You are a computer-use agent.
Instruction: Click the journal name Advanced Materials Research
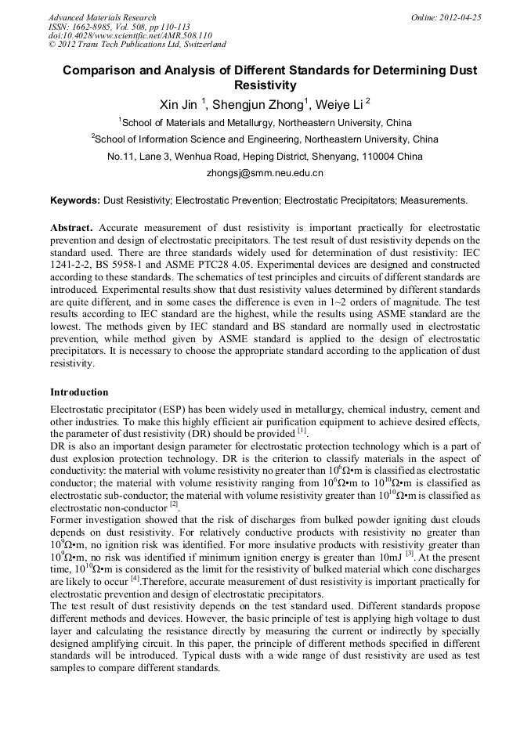pyautogui.click(x=102, y=17)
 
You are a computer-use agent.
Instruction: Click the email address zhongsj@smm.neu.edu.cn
pyautogui.click(x=265, y=173)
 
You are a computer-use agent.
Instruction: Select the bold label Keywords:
pyautogui.click(x=75, y=200)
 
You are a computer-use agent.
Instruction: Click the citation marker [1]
pyautogui.click(x=302, y=431)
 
